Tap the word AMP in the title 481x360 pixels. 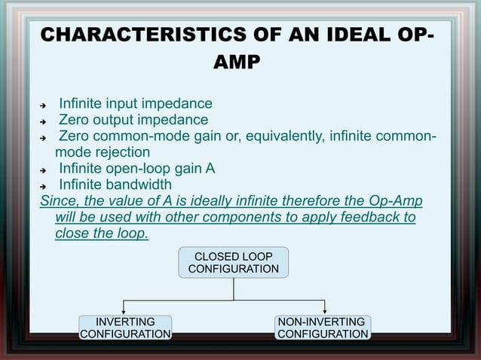[x=237, y=63]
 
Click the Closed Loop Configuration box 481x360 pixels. [x=233, y=261]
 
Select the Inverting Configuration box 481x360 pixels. [x=125, y=328]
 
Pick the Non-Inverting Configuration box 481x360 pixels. [x=323, y=328]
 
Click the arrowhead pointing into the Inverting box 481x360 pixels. [x=125, y=312]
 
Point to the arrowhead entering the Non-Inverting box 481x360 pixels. [x=324, y=312]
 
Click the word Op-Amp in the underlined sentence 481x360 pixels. [x=397, y=201]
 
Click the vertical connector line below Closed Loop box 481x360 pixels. [x=234, y=288]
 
